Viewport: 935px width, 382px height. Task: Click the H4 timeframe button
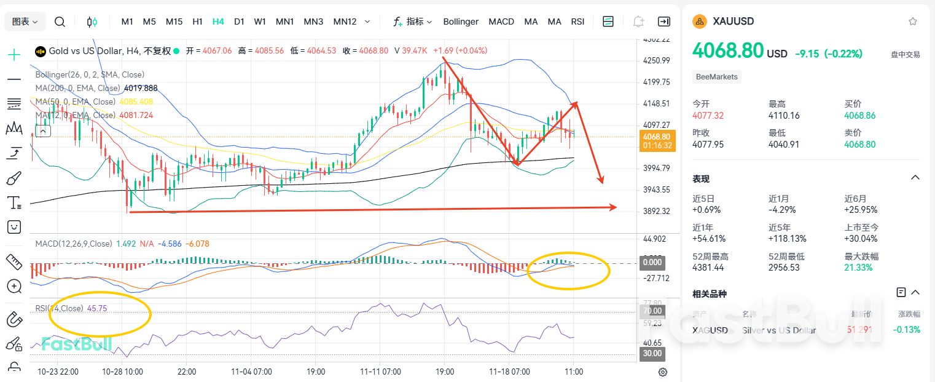point(218,22)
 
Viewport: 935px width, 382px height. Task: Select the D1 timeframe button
point(239,22)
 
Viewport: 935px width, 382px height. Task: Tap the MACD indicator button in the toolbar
point(501,22)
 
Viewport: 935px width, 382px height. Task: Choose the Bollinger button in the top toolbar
point(461,22)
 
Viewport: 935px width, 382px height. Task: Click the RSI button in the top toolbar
point(577,22)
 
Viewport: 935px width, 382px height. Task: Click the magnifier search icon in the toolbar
point(60,22)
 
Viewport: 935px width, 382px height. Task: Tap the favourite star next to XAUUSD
point(913,22)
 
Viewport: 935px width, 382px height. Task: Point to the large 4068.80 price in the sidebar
point(728,50)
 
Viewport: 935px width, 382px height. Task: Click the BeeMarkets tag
point(717,77)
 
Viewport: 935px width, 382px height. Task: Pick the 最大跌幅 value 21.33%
point(858,268)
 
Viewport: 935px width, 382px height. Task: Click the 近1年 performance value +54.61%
point(706,239)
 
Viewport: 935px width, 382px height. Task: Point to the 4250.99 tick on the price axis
point(656,60)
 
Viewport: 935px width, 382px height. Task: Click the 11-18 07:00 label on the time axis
point(509,372)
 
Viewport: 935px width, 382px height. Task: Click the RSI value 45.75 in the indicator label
point(97,308)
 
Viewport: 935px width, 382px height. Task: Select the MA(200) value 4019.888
point(141,88)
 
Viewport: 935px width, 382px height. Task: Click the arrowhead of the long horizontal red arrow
point(612,207)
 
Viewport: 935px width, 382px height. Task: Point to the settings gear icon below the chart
point(663,372)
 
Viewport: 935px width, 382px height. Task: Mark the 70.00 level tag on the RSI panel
point(652,311)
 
